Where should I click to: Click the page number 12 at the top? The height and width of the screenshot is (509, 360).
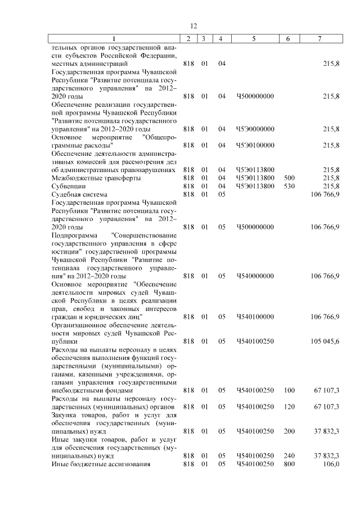click(193, 26)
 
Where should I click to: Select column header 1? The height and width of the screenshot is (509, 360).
click(115, 38)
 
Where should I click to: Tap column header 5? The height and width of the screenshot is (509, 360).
click(255, 38)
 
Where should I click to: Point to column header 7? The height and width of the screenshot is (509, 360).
click(319, 38)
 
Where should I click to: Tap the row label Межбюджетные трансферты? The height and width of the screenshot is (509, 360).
click(88, 178)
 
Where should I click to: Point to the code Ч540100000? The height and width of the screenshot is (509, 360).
click(255, 317)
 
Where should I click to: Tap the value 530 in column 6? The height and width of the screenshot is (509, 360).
click(289, 186)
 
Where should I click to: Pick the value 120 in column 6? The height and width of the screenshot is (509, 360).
click(289, 406)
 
